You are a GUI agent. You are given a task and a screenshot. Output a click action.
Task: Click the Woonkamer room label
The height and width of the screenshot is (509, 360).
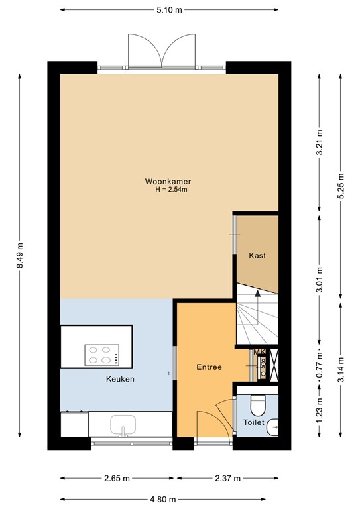coord(163,181)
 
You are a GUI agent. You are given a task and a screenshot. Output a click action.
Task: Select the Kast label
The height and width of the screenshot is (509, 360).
coord(257,256)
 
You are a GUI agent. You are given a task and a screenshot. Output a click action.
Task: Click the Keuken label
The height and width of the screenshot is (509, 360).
coord(120,379)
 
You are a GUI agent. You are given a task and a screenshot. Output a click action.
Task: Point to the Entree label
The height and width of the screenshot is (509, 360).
coord(210,367)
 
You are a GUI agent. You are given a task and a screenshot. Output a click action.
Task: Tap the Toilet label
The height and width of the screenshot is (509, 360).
coord(254,422)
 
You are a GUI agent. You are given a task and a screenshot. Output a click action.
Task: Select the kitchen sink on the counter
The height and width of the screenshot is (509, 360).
coord(123,425)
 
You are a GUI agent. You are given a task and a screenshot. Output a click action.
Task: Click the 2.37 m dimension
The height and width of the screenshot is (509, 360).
coord(227,478)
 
